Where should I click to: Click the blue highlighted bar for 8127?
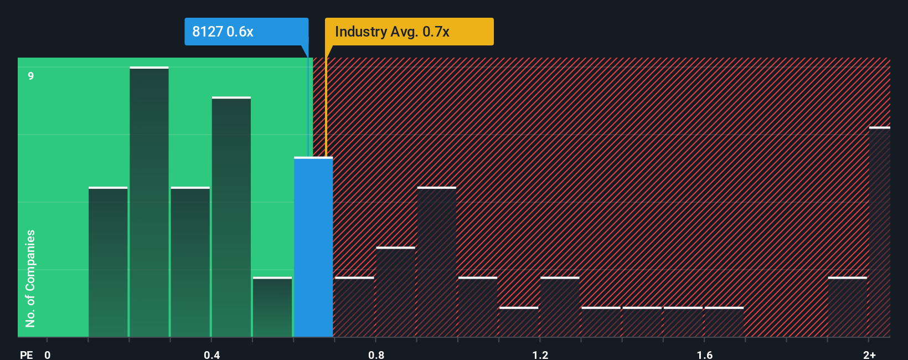[x=313, y=247]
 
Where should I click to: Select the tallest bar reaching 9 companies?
[x=149, y=202]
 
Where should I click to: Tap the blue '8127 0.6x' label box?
[x=246, y=32]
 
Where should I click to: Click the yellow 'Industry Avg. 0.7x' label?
[x=409, y=32]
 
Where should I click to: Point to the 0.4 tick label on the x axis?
[x=211, y=354]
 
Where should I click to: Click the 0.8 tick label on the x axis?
[x=376, y=354]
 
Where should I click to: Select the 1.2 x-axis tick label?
[x=540, y=354]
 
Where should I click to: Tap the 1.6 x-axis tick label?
[x=704, y=354]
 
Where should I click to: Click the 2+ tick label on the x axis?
[x=869, y=354]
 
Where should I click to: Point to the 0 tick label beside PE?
[x=48, y=354]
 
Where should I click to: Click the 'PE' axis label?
[x=26, y=354]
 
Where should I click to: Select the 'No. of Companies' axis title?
[x=30, y=278]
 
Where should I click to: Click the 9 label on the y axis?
[x=31, y=76]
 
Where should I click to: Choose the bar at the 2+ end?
[x=879, y=232]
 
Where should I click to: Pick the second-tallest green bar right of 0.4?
[x=231, y=217]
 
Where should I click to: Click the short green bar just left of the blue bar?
[x=272, y=307]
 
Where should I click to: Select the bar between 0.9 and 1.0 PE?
[x=437, y=262]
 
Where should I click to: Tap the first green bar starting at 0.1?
[x=108, y=262]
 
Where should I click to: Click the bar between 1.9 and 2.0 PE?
[x=847, y=307]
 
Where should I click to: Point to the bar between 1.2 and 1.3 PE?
[x=560, y=307]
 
